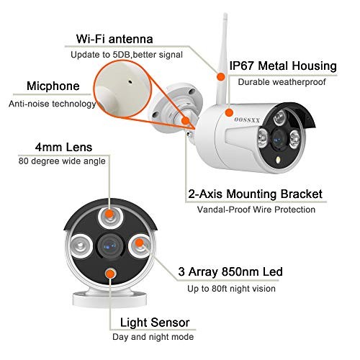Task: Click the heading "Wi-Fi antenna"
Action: pyautogui.click(x=114, y=39)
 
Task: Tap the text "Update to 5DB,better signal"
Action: pyautogui.click(x=127, y=55)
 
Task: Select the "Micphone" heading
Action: pyautogui.click(x=53, y=86)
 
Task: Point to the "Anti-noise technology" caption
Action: pyautogui.click(x=53, y=104)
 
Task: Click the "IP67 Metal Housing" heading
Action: pyautogui.click(x=283, y=66)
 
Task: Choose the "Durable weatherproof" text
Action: pyautogui.click(x=282, y=82)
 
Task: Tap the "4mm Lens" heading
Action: pyautogui.click(x=63, y=147)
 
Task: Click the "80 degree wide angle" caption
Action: pyautogui.click(x=62, y=161)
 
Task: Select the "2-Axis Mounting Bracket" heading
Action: pyautogui.click(x=255, y=194)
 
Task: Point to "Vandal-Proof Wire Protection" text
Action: pyautogui.click(x=256, y=210)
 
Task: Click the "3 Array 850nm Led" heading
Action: pyautogui.click(x=230, y=271)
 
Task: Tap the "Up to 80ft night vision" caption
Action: pyautogui.click(x=231, y=289)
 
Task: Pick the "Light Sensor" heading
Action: pyautogui.click(x=155, y=323)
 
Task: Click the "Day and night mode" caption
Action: pyautogui.click(x=153, y=337)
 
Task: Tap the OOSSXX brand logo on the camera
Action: pyautogui.click(x=247, y=120)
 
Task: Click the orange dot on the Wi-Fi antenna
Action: pyautogui.click(x=220, y=77)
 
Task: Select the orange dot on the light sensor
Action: pyautogui.click(x=110, y=274)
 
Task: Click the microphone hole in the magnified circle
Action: pyautogui.click(x=130, y=82)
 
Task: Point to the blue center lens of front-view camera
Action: pyautogui.click(x=110, y=246)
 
